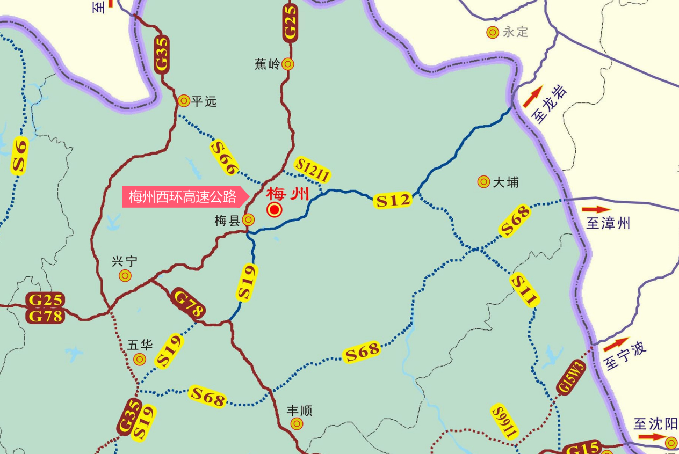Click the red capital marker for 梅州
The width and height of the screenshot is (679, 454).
pyautogui.click(x=275, y=210)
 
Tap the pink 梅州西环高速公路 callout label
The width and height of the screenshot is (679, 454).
pyautogui.click(x=183, y=197)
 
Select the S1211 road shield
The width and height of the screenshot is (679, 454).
pyautogui.click(x=312, y=170)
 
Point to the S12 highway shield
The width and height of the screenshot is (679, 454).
pyautogui.click(x=393, y=200)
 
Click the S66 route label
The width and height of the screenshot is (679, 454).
pyautogui.click(x=225, y=157)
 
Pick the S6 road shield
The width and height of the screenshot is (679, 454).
pyautogui.click(x=20, y=156)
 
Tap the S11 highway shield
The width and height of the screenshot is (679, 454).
pyautogui.click(x=524, y=290)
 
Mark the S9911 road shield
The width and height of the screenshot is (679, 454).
pyautogui.click(x=505, y=421)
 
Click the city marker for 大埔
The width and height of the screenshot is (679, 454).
pyautogui.click(x=483, y=182)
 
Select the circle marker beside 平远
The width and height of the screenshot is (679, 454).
pyautogui.click(x=184, y=100)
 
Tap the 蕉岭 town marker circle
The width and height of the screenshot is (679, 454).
pyautogui.click(x=288, y=64)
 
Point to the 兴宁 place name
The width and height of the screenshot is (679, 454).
pyautogui.click(x=125, y=262)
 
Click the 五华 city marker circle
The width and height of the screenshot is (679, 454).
pyautogui.click(x=140, y=359)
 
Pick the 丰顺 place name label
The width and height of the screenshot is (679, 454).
pyautogui.click(x=299, y=411)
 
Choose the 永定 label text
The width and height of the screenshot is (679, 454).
pyautogui.click(x=516, y=32)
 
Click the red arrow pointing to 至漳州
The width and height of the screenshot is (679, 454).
pyautogui.click(x=596, y=209)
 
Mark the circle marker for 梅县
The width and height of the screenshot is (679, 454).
pyautogui.click(x=248, y=219)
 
